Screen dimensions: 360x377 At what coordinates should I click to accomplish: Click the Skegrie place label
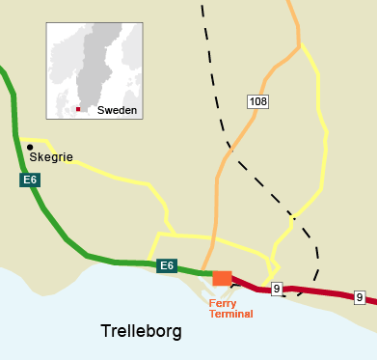tap(52, 157)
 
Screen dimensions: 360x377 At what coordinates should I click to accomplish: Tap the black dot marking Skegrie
tap(30, 147)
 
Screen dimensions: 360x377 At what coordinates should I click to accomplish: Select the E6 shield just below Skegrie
tap(30, 180)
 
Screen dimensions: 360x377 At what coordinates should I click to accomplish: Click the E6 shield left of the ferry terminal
tap(167, 265)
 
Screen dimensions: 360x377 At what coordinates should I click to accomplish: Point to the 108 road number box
tap(257, 99)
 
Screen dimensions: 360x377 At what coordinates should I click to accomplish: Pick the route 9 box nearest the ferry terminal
tap(277, 288)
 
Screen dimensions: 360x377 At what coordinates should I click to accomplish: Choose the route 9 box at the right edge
tap(359, 297)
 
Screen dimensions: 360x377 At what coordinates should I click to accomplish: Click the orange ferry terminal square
tap(222, 278)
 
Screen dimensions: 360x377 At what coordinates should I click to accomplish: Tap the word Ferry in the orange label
tap(224, 302)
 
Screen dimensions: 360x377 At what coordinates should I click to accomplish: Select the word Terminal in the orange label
tap(230, 314)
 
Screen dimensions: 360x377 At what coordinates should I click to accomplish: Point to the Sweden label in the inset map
tap(118, 111)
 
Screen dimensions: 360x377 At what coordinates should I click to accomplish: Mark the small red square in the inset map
tap(78, 109)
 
